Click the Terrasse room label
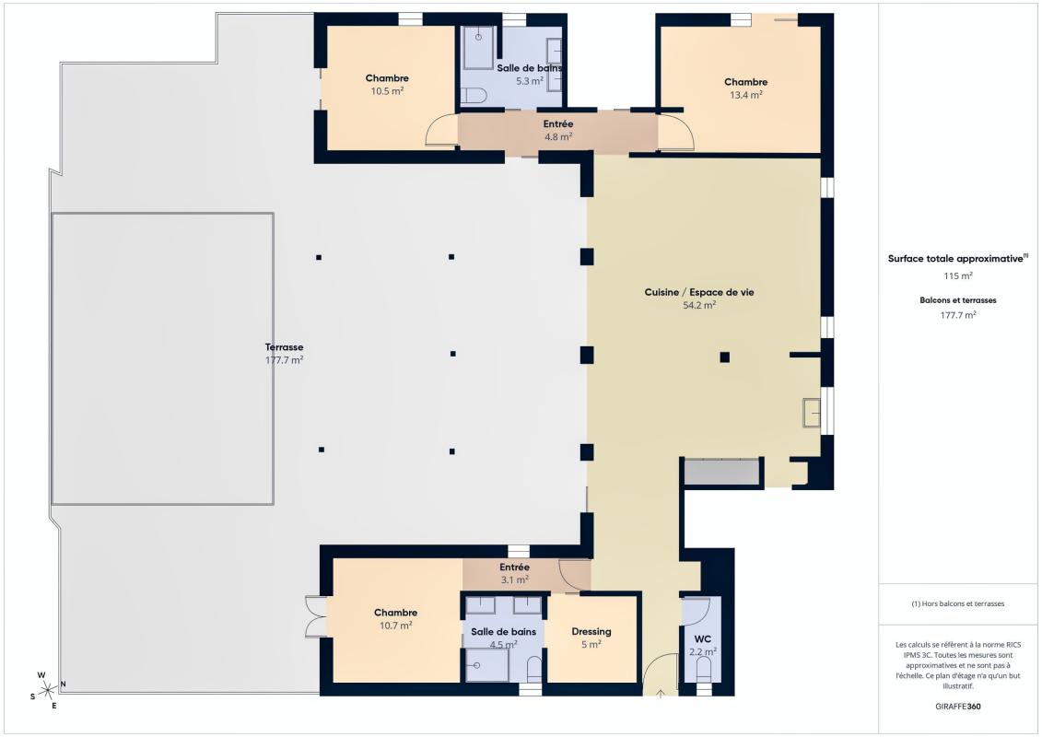(284, 347)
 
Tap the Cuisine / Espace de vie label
(698, 292)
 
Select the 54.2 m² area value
(698, 305)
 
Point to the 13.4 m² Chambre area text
(745, 95)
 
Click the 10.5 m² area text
(387, 91)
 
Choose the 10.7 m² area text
(395, 626)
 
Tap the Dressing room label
(591, 632)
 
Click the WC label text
(701, 638)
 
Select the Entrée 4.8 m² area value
(557, 136)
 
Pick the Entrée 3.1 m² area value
(514, 580)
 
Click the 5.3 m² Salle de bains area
(530, 81)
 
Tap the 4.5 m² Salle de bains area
(503, 645)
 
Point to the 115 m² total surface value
(958, 275)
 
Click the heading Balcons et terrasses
(958, 300)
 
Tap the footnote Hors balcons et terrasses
(958, 603)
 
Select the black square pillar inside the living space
(725, 357)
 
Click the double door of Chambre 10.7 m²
(315, 616)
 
